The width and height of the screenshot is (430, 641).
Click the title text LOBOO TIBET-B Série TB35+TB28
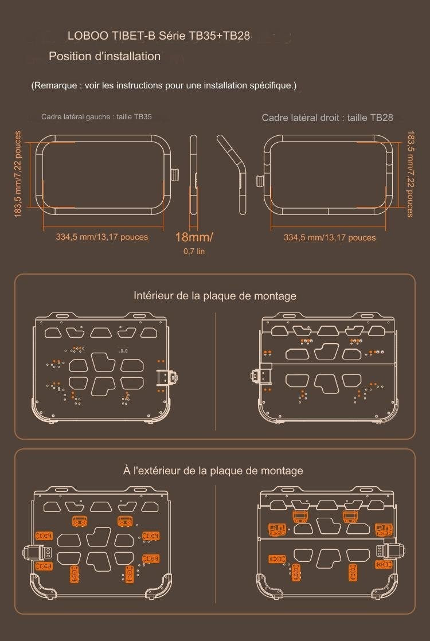click(x=159, y=36)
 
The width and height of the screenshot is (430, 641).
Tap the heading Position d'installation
click(x=105, y=56)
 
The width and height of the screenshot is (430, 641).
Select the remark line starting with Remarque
click(x=164, y=85)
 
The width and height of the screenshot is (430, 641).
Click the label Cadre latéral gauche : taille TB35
click(x=96, y=117)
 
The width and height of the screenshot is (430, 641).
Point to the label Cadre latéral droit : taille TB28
click(x=327, y=118)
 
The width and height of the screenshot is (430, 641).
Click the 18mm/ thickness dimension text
click(x=194, y=237)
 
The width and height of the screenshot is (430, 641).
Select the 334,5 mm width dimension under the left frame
click(x=102, y=237)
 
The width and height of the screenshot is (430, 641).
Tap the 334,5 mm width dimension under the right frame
click(x=330, y=237)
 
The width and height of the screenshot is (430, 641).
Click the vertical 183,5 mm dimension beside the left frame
click(x=18, y=174)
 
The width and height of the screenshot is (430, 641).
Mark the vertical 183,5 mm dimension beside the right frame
click(x=410, y=174)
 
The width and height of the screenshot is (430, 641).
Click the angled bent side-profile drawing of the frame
click(x=233, y=174)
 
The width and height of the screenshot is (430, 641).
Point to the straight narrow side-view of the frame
click(x=193, y=174)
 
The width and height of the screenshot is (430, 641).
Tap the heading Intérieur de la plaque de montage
click(x=215, y=296)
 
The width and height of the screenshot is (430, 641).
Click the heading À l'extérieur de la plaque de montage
click(x=213, y=471)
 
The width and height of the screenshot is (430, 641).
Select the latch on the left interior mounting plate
click(x=167, y=377)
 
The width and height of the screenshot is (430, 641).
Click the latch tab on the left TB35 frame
click(x=175, y=174)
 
